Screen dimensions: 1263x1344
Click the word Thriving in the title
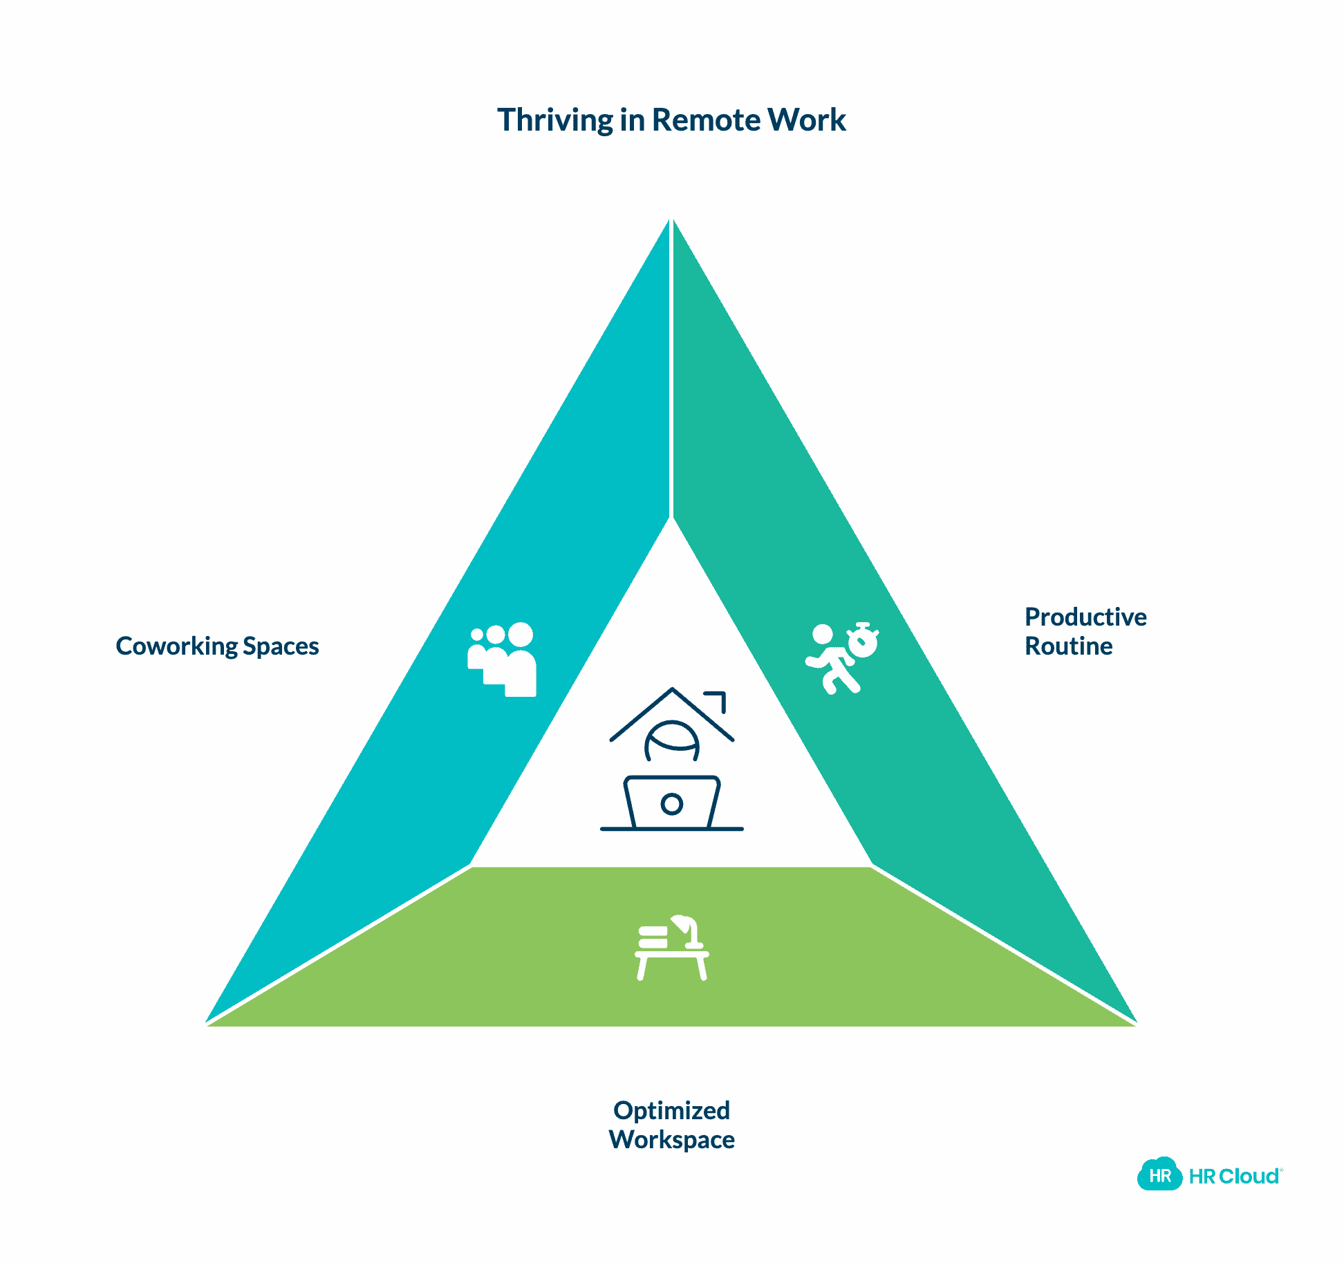[554, 120]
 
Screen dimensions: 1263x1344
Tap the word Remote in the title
[706, 120]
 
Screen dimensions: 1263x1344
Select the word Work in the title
[806, 120]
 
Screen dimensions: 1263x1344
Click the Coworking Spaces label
[217, 646]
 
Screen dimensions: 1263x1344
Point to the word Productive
[1085, 617]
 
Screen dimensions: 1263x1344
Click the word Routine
[1068, 646]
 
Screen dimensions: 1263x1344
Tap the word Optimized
[671, 1110]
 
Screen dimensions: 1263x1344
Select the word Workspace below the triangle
[671, 1139]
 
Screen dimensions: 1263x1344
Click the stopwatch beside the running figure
[864, 640]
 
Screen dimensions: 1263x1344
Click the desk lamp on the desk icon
[688, 930]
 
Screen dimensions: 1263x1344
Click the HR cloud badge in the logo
[1159, 1175]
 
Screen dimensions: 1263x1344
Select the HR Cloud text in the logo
[1235, 1176]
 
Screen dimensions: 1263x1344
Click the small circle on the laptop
[672, 803]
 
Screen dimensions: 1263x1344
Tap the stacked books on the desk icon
[653, 937]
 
